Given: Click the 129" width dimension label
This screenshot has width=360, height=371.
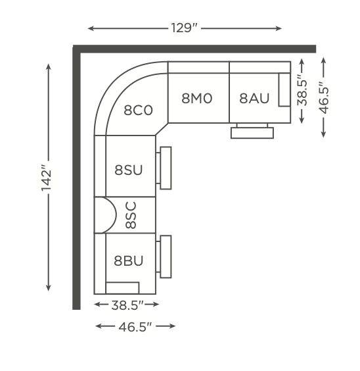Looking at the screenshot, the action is pyautogui.click(x=184, y=28).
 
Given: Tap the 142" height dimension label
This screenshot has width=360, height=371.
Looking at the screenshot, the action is pyautogui.click(x=46, y=176).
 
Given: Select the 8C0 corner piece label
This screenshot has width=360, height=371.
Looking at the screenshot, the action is pyautogui.click(x=138, y=110).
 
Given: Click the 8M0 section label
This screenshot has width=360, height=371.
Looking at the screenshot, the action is pyautogui.click(x=197, y=98).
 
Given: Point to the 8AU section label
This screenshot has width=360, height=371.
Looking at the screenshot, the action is pyautogui.click(x=254, y=98).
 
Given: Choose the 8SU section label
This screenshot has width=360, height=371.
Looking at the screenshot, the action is pyautogui.click(x=129, y=170).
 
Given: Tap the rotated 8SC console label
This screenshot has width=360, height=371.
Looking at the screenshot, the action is pyautogui.click(x=131, y=215).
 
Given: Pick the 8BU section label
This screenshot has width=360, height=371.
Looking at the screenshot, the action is pyautogui.click(x=129, y=260).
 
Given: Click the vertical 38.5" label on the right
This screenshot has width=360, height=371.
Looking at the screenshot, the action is pyautogui.click(x=302, y=90).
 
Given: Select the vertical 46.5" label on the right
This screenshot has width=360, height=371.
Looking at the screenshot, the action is pyautogui.click(x=324, y=97).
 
